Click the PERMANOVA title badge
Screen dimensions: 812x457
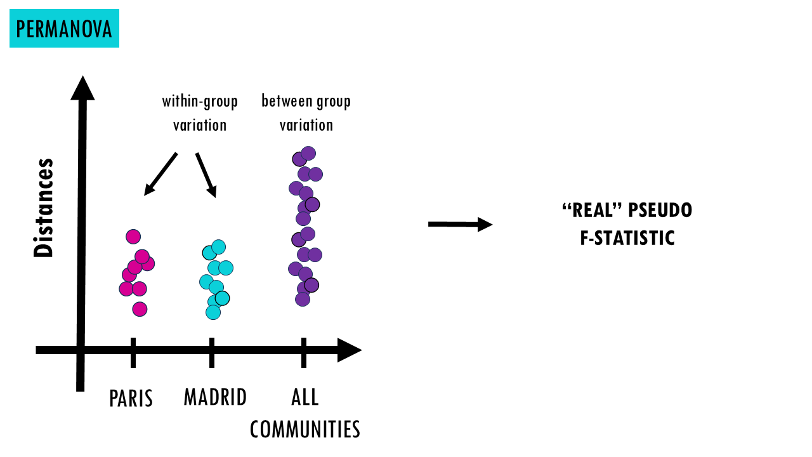(64, 29)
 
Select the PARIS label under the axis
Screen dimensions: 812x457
(131, 398)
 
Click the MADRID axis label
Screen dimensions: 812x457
(215, 397)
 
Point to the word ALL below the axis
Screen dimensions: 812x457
(305, 397)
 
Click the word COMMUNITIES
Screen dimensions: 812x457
(305, 429)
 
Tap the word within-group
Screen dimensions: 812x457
(200, 101)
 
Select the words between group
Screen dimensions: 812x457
(306, 101)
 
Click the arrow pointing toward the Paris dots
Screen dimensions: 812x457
(160, 174)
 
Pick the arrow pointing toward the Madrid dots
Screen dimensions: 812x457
(206, 175)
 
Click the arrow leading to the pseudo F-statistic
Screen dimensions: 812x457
(461, 225)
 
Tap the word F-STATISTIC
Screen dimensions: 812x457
(627, 238)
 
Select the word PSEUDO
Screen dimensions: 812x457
(660, 210)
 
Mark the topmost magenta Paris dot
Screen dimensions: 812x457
(133, 237)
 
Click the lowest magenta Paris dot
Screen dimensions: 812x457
(140, 309)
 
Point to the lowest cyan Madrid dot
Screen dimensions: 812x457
(213, 312)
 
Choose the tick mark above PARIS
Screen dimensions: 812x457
(133, 352)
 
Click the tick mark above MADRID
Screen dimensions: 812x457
(212, 352)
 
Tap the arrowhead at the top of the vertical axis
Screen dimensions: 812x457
(82, 88)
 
